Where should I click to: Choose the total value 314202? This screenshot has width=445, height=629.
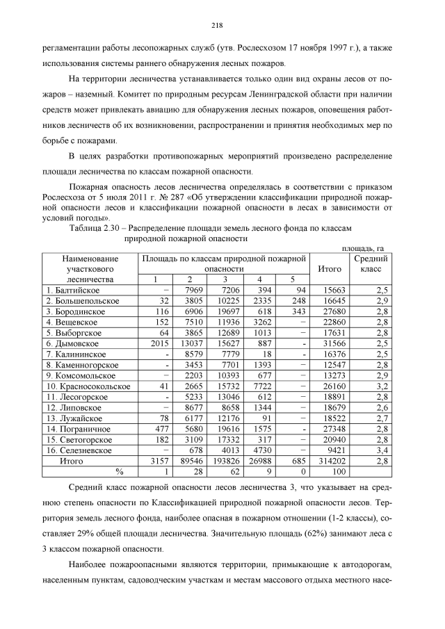(x=331, y=461)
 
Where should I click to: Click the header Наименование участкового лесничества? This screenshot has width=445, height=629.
(x=90, y=268)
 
